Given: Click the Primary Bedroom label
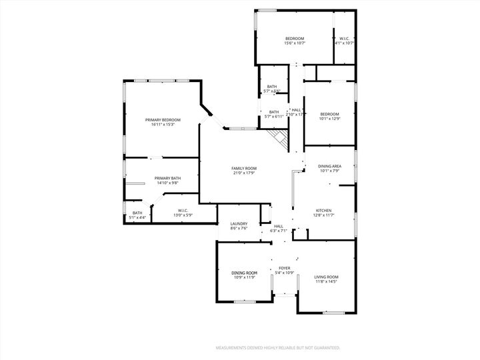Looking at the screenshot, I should (163, 120).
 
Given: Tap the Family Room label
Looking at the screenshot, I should (244, 168).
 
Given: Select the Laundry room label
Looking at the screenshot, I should (239, 223).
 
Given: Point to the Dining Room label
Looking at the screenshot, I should (244, 273).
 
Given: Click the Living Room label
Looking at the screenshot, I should (327, 277).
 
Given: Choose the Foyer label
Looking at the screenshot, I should (285, 268).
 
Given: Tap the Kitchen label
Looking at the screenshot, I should (324, 210).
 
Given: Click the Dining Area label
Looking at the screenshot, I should (329, 166).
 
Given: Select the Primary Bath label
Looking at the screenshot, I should (167, 178).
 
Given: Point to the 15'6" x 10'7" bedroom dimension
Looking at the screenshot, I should (295, 43).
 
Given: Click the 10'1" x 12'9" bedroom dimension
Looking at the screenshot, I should (329, 119).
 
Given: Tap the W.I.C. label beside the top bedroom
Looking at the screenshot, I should (344, 39).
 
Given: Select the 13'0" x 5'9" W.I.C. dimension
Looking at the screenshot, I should (183, 215).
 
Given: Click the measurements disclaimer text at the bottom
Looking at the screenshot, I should (277, 348).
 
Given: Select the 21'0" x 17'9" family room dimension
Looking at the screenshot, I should (244, 173).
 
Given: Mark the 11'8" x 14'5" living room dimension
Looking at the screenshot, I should (327, 282).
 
